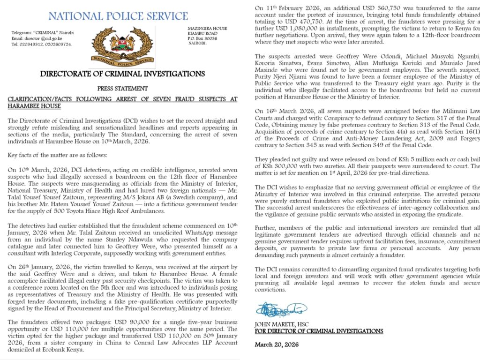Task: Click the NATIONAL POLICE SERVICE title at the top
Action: point(118,16)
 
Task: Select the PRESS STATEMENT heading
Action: point(122,88)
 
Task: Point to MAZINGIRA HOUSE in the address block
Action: point(207,28)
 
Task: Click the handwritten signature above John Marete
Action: point(281,310)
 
